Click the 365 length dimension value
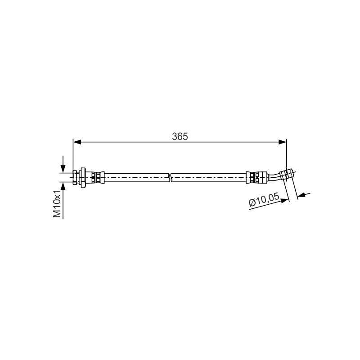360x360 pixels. (180, 137)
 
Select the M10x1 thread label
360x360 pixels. (57, 203)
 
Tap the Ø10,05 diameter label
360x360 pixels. (264, 199)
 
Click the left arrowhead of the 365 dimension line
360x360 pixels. (77, 142)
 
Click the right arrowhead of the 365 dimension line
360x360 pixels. (283, 142)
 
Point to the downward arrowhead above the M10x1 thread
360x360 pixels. (63, 169)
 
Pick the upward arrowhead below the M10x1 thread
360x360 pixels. (63, 186)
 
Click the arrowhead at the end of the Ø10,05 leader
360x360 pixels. (285, 200)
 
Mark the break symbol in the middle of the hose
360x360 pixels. (170, 177)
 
